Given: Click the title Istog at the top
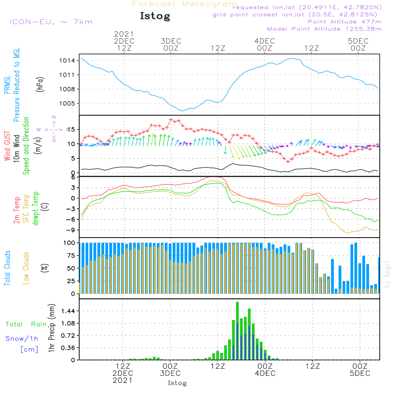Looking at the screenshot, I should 155,16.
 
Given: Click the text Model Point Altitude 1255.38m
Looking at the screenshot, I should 324,29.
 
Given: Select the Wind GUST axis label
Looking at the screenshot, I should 7,146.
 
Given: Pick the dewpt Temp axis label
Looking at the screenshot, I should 36,209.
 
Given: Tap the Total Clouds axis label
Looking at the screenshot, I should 7,268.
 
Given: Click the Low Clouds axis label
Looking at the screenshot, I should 26,268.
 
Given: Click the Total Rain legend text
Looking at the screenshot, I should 26,324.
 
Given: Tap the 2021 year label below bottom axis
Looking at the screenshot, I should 123,381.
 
